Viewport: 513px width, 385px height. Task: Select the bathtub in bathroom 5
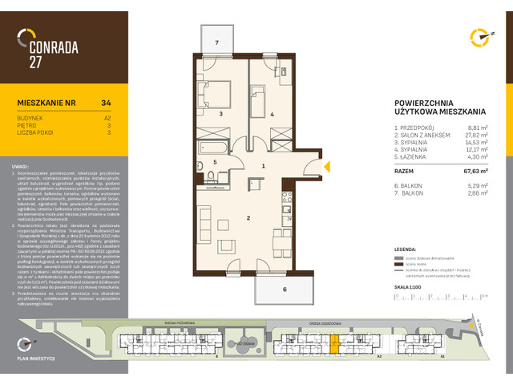tap(213, 148)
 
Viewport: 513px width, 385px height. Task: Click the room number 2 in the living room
tap(227, 217)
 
